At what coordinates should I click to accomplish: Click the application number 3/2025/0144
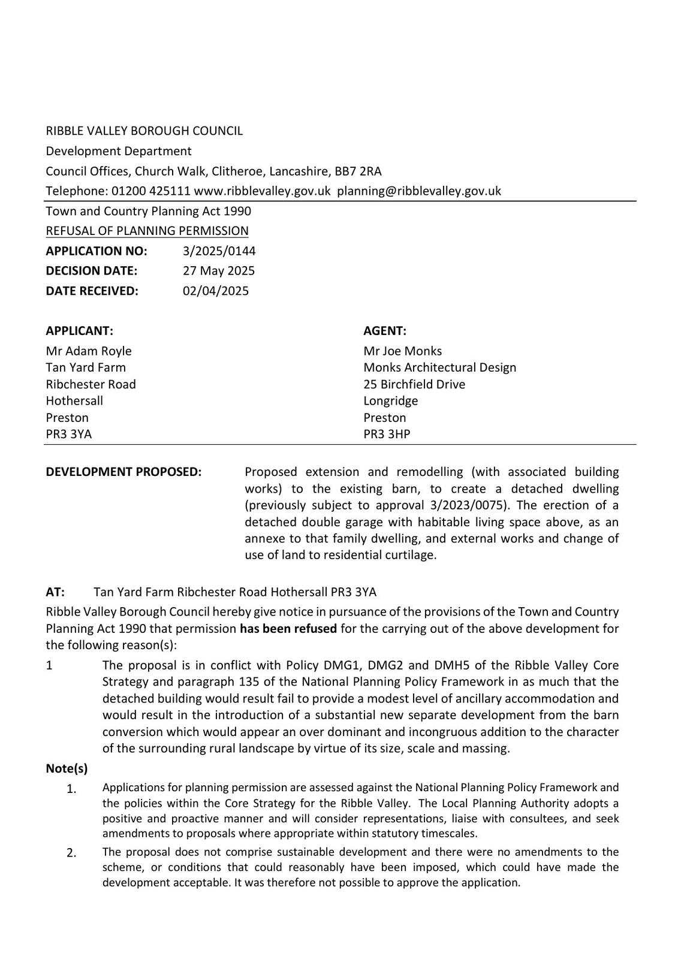(x=219, y=251)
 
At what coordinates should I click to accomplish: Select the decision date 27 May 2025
(x=218, y=270)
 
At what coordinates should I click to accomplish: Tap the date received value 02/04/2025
(x=215, y=291)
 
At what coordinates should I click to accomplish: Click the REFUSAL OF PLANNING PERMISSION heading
(x=147, y=231)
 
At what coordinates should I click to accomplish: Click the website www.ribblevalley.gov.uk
(x=262, y=191)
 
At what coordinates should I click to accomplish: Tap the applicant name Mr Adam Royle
(x=89, y=351)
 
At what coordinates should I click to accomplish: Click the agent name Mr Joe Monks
(x=402, y=351)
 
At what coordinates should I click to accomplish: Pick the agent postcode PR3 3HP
(x=387, y=434)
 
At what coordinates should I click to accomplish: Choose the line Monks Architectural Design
(x=439, y=367)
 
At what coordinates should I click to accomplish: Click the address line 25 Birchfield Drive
(x=414, y=384)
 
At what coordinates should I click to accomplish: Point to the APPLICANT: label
(x=79, y=331)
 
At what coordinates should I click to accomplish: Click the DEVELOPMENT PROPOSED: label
(x=123, y=472)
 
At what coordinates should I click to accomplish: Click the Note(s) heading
(x=67, y=768)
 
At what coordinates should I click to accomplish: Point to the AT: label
(x=55, y=592)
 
